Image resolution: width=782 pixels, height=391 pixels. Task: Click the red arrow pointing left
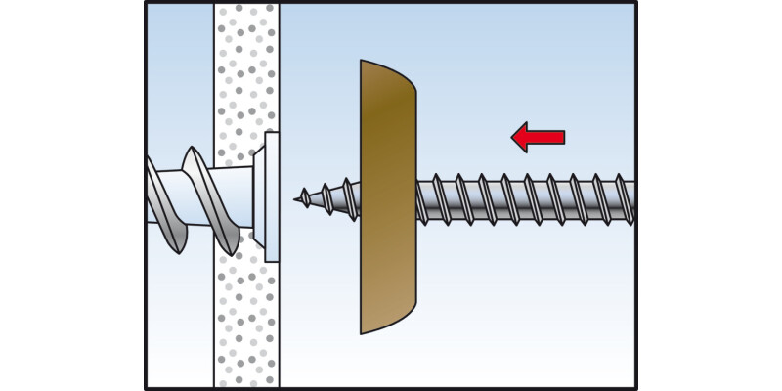[538, 138]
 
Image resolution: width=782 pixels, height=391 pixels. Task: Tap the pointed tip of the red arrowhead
[513, 138]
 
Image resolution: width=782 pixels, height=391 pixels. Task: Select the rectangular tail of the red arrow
[549, 138]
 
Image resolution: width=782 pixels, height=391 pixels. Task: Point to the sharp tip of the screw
[296, 198]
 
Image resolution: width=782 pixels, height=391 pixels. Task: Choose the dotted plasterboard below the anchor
[245, 323]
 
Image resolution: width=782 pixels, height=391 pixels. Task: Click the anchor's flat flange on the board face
[271, 195]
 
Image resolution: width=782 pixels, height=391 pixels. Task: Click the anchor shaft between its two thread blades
[180, 195]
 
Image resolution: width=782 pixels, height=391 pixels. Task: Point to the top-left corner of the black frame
[146, 4]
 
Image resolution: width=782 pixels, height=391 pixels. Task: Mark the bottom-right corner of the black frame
[636, 388]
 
